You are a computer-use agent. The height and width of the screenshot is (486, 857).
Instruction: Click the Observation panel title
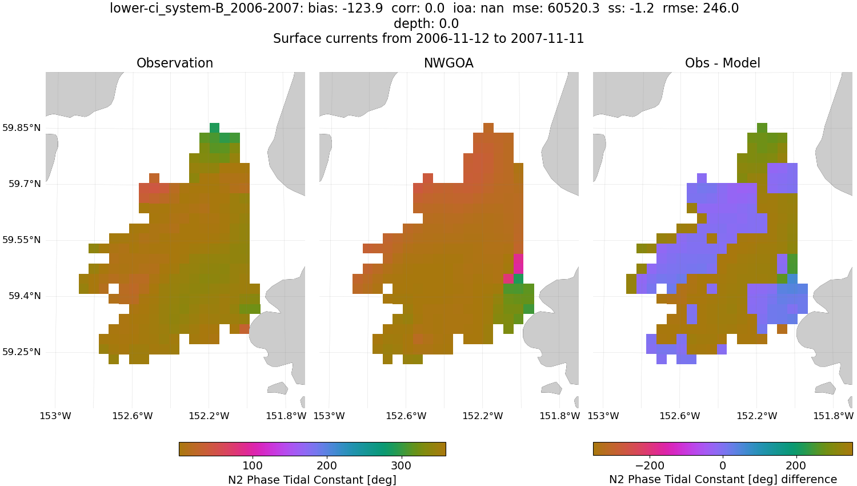click(x=175, y=63)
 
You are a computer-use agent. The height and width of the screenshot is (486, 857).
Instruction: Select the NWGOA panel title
click(x=448, y=63)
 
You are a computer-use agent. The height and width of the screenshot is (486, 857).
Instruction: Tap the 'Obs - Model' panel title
click(x=722, y=63)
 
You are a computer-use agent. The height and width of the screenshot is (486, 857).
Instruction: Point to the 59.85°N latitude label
click(x=22, y=128)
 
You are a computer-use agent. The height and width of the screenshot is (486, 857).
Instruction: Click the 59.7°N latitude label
click(x=25, y=184)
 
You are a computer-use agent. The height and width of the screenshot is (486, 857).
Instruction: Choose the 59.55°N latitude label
click(x=22, y=240)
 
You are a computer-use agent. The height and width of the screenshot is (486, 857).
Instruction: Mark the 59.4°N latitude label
click(x=25, y=296)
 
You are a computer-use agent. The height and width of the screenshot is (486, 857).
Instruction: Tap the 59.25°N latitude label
click(x=22, y=352)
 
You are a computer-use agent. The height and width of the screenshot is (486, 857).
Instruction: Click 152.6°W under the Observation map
click(x=133, y=416)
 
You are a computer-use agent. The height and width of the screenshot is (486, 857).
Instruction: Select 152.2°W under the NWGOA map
click(x=483, y=416)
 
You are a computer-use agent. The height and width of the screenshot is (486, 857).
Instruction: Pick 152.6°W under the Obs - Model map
click(x=680, y=416)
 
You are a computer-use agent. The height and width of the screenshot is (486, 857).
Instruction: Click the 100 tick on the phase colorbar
click(x=253, y=465)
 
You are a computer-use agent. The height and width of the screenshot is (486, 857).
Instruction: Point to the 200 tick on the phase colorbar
click(x=327, y=465)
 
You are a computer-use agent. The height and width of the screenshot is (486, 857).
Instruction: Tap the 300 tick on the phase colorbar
click(x=401, y=465)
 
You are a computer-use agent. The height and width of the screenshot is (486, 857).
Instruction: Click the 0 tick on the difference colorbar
click(x=723, y=465)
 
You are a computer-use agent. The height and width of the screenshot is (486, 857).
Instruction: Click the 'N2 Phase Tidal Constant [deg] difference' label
click(x=723, y=480)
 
